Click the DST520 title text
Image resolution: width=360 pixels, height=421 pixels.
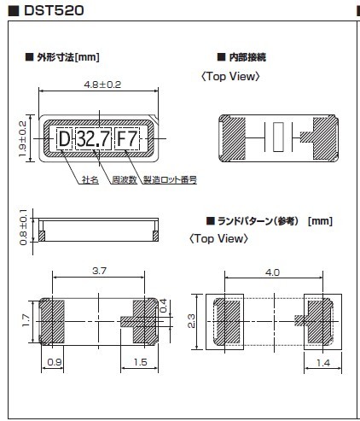54,10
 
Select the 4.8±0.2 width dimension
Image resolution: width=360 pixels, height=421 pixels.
102,85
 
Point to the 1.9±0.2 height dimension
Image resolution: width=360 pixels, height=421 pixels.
22,138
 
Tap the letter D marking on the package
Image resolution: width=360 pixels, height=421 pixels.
65,139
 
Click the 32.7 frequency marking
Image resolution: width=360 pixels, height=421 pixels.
94,139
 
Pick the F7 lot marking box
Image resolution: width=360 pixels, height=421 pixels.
127,139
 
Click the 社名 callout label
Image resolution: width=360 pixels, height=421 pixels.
90,180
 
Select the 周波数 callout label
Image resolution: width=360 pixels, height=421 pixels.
125,180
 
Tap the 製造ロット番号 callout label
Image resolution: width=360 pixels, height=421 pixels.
170,180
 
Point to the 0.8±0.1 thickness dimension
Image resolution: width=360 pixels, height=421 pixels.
23,227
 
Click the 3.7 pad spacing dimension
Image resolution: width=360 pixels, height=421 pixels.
99,271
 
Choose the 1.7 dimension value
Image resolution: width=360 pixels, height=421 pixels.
26,320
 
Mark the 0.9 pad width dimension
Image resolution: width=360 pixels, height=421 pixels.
55,362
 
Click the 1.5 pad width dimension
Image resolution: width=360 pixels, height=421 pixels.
141,362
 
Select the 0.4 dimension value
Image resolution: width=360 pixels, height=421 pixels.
164,306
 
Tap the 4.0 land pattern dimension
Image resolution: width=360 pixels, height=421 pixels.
272,272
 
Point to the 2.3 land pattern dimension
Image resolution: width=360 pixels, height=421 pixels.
191,321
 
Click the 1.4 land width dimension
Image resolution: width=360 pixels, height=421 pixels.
323,363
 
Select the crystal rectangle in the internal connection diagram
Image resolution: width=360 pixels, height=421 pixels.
279,137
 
